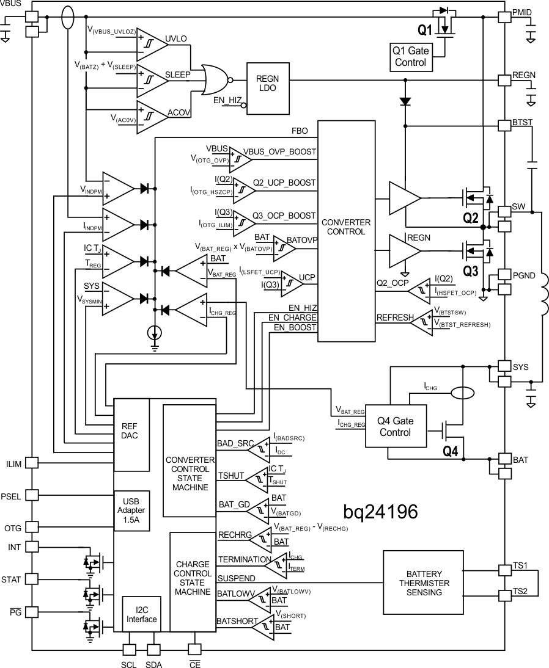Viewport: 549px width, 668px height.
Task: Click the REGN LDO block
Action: [268, 88]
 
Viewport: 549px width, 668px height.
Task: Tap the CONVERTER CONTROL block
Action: [347, 231]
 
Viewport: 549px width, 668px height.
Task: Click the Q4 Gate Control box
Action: [394, 426]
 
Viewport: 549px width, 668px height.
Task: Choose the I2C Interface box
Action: [142, 614]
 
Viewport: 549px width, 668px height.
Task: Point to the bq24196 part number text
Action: [380, 512]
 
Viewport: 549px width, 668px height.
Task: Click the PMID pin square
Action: [504, 17]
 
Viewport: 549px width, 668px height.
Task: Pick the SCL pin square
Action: [130, 649]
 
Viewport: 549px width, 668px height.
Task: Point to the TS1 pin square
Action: [504, 570]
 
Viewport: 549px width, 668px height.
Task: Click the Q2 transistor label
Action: [470, 217]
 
